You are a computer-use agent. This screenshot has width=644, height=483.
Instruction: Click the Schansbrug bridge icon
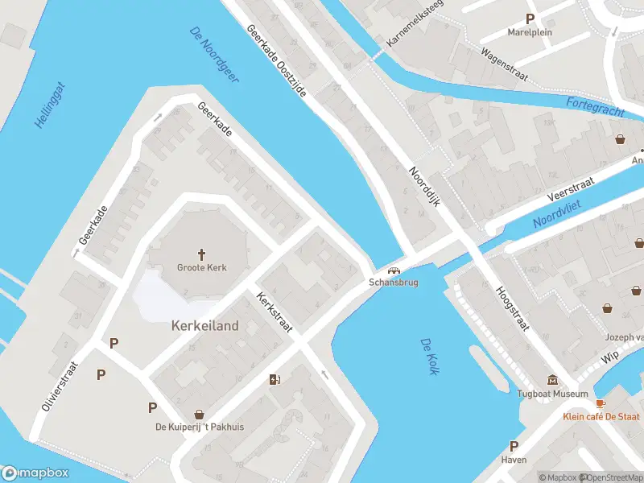[x=394, y=270]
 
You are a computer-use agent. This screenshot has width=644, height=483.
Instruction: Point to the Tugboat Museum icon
[x=552, y=380]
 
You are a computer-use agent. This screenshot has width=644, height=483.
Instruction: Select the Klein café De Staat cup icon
[x=600, y=403]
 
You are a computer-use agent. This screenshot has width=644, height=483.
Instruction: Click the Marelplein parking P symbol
[x=530, y=19]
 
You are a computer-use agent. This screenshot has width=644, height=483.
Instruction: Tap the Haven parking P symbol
[x=514, y=446]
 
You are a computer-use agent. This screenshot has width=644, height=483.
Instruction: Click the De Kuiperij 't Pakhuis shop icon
[x=199, y=414]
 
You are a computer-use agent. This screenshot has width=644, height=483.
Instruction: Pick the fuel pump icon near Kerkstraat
[x=275, y=380]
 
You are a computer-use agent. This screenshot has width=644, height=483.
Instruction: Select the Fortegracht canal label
[x=595, y=106]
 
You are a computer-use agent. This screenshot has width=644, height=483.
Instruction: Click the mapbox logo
[x=35, y=473]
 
